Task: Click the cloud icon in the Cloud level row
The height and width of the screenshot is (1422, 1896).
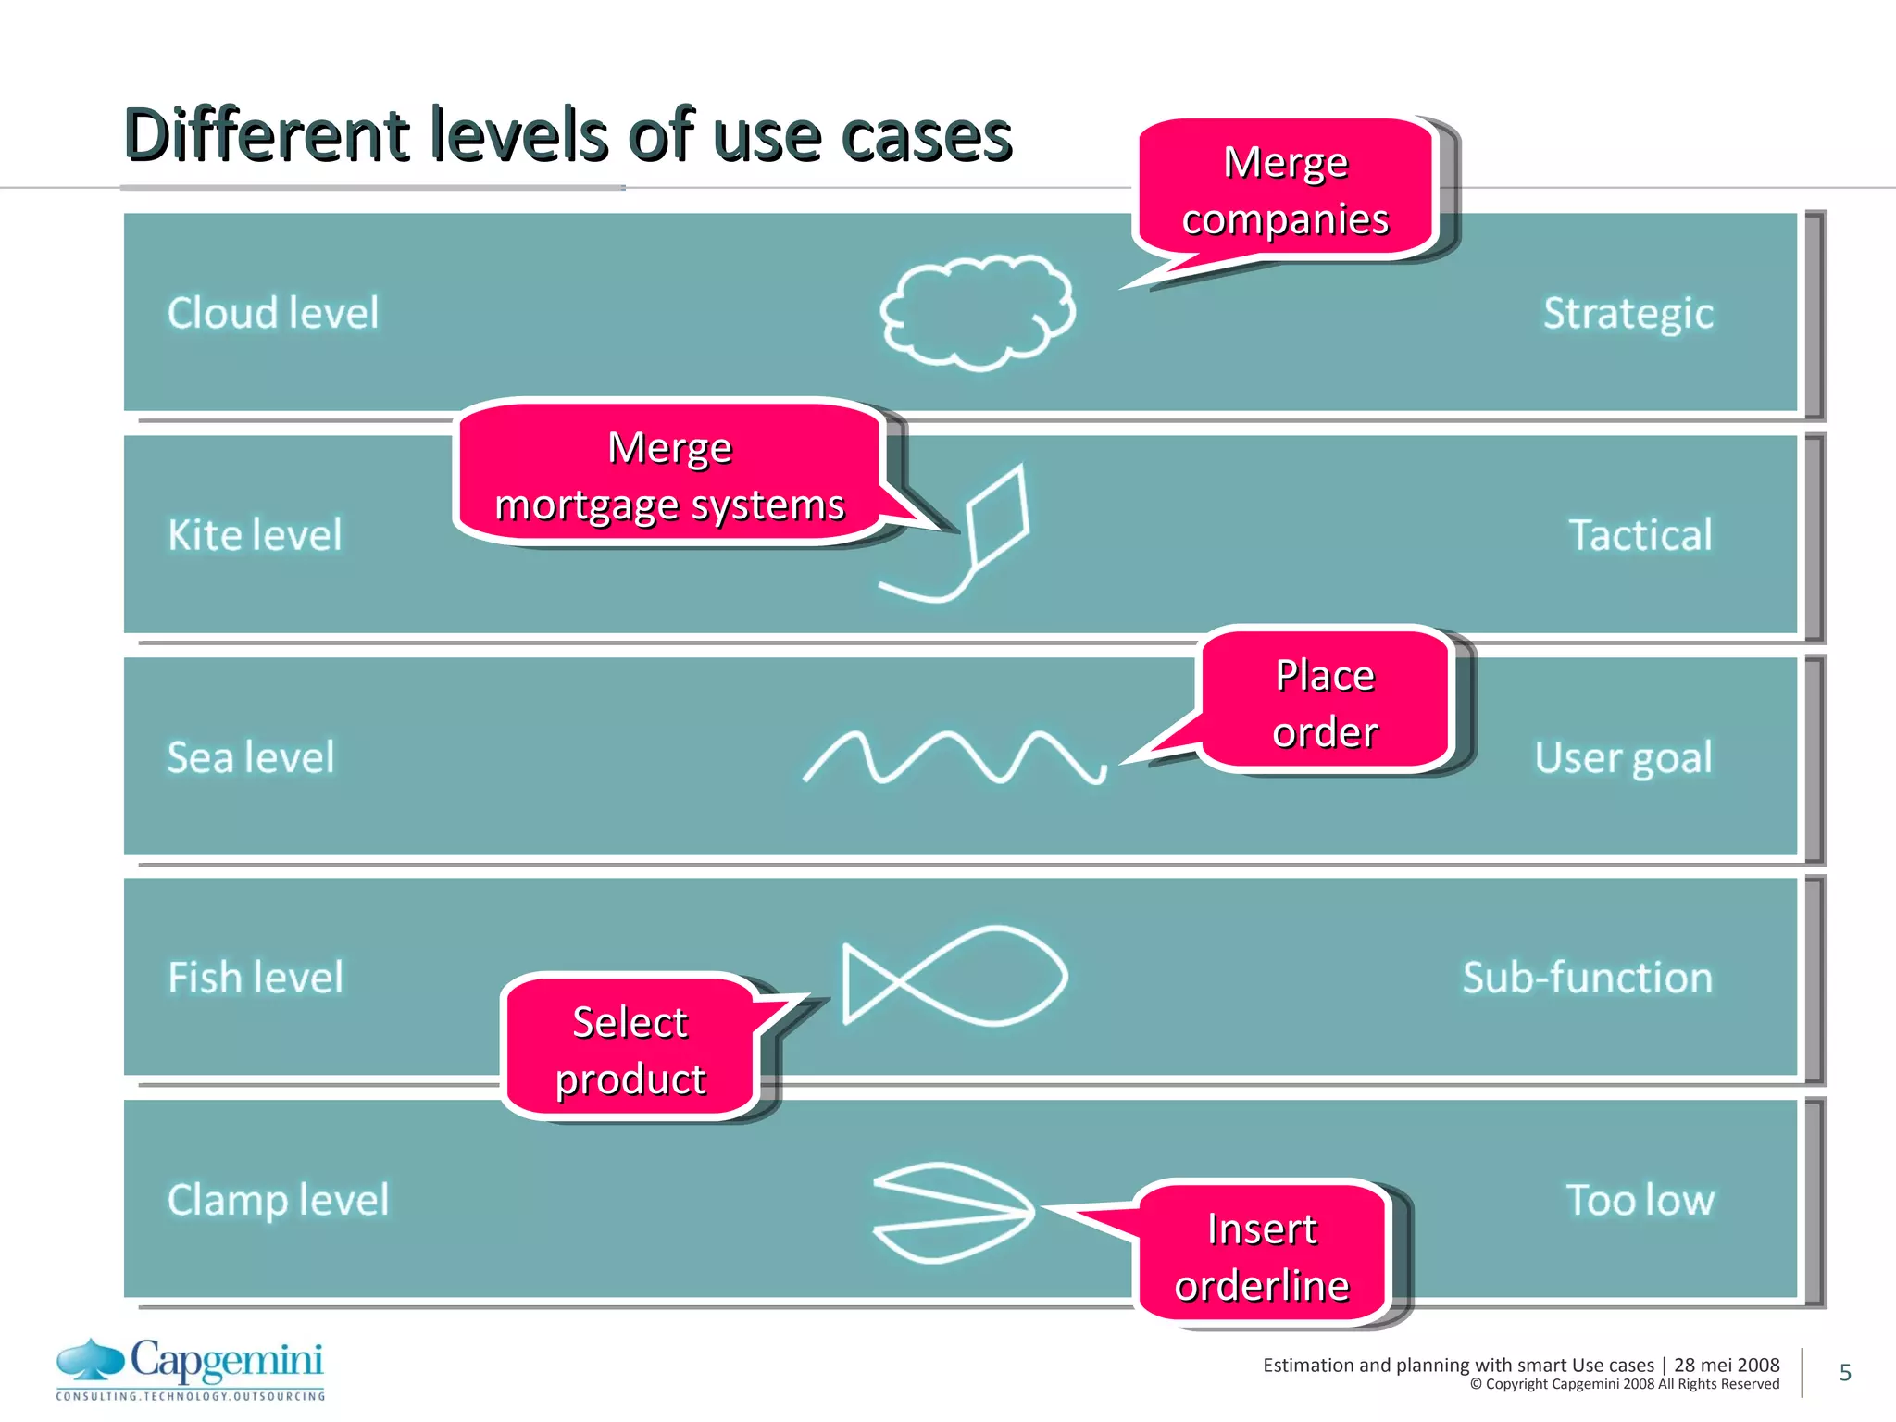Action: [977, 312]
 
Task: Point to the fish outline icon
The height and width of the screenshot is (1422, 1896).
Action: [954, 976]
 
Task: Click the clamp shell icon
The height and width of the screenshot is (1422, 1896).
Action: [954, 1212]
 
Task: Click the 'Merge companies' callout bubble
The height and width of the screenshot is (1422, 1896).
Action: [1285, 190]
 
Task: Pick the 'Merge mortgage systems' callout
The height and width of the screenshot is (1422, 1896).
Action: [669, 474]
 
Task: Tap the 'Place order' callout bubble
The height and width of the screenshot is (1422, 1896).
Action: [1325, 702]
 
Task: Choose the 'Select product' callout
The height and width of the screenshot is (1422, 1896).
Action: [630, 1049]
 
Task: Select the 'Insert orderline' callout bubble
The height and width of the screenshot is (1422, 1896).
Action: [1262, 1255]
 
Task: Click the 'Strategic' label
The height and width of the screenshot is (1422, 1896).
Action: [1628, 313]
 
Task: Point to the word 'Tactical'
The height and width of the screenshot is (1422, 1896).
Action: [1640, 535]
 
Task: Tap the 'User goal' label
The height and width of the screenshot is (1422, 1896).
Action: [1623, 757]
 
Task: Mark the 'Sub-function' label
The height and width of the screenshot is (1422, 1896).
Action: [1587, 978]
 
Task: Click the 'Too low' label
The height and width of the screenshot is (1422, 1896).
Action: [1640, 1200]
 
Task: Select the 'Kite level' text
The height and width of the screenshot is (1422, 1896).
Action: [255, 535]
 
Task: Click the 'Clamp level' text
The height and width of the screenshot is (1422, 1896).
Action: [278, 1200]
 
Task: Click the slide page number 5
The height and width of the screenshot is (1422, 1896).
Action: [1845, 1372]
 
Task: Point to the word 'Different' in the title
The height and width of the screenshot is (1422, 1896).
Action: [267, 135]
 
